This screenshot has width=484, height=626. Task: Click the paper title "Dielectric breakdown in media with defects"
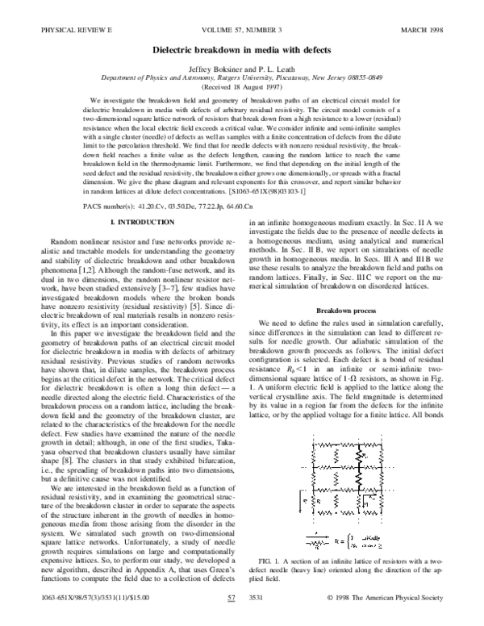pos(241,49)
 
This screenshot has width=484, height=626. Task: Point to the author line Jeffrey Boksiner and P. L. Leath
pos(241,68)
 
